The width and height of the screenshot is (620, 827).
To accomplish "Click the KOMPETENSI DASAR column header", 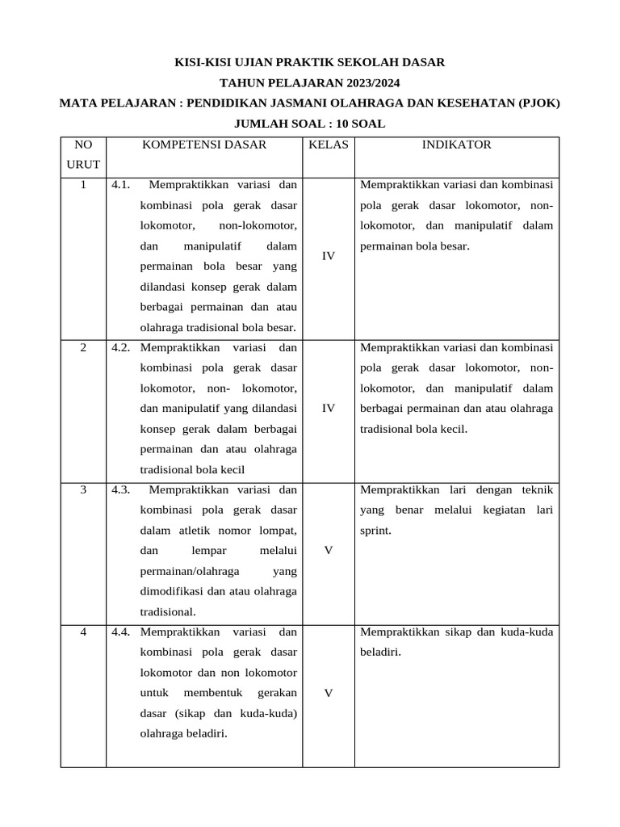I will pos(204,145).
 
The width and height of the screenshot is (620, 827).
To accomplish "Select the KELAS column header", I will pos(328,145).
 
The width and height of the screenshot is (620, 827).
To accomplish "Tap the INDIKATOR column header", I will pos(456,145).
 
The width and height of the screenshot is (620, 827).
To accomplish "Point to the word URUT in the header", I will pos(83,165).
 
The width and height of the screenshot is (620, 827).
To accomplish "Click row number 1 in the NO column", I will pos(83,185).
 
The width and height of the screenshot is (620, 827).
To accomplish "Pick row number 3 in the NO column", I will pos(83,489).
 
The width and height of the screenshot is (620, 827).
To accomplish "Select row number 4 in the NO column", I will pos(83,632).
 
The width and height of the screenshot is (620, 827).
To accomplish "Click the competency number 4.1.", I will pos(122,185).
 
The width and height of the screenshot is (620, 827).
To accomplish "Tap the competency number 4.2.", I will pos(122,347).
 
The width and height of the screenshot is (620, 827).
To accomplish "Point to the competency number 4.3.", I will pos(122,489).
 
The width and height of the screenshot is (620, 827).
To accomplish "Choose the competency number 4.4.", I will pos(122,632).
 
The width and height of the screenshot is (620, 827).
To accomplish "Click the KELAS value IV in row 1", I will pos(328,256).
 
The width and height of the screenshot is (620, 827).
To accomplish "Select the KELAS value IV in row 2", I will pos(328,409).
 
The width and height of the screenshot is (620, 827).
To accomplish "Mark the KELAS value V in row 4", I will pos(328,693).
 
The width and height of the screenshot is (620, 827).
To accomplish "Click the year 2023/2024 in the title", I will pos(362,82).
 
